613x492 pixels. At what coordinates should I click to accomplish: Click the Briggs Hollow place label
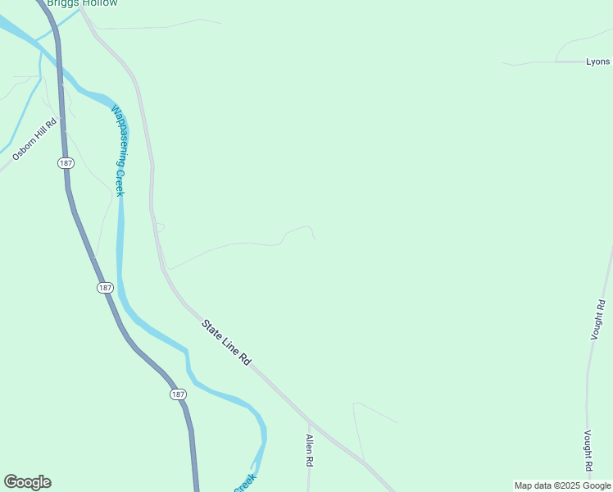[x=82, y=3]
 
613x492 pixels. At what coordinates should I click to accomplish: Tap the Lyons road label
[x=597, y=61]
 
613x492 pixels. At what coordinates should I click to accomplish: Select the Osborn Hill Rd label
[x=34, y=140]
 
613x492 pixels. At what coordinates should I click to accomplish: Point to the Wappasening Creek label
[x=119, y=151]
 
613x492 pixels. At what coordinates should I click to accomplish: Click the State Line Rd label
[x=226, y=343]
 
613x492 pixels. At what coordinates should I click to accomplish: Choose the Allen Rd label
[x=310, y=450]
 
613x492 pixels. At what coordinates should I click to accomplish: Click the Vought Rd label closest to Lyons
[x=601, y=321]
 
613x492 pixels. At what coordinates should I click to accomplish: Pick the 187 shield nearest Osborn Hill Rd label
[x=66, y=163]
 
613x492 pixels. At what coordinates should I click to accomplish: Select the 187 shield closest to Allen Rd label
[x=179, y=394]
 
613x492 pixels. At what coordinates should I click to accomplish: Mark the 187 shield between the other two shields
[x=104, y=287]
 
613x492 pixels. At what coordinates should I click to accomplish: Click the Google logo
[x=27, y=482]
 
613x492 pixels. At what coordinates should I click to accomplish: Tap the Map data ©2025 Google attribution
[x=562, y=485]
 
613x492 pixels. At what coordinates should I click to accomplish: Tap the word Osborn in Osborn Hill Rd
[x=24, y=148]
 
